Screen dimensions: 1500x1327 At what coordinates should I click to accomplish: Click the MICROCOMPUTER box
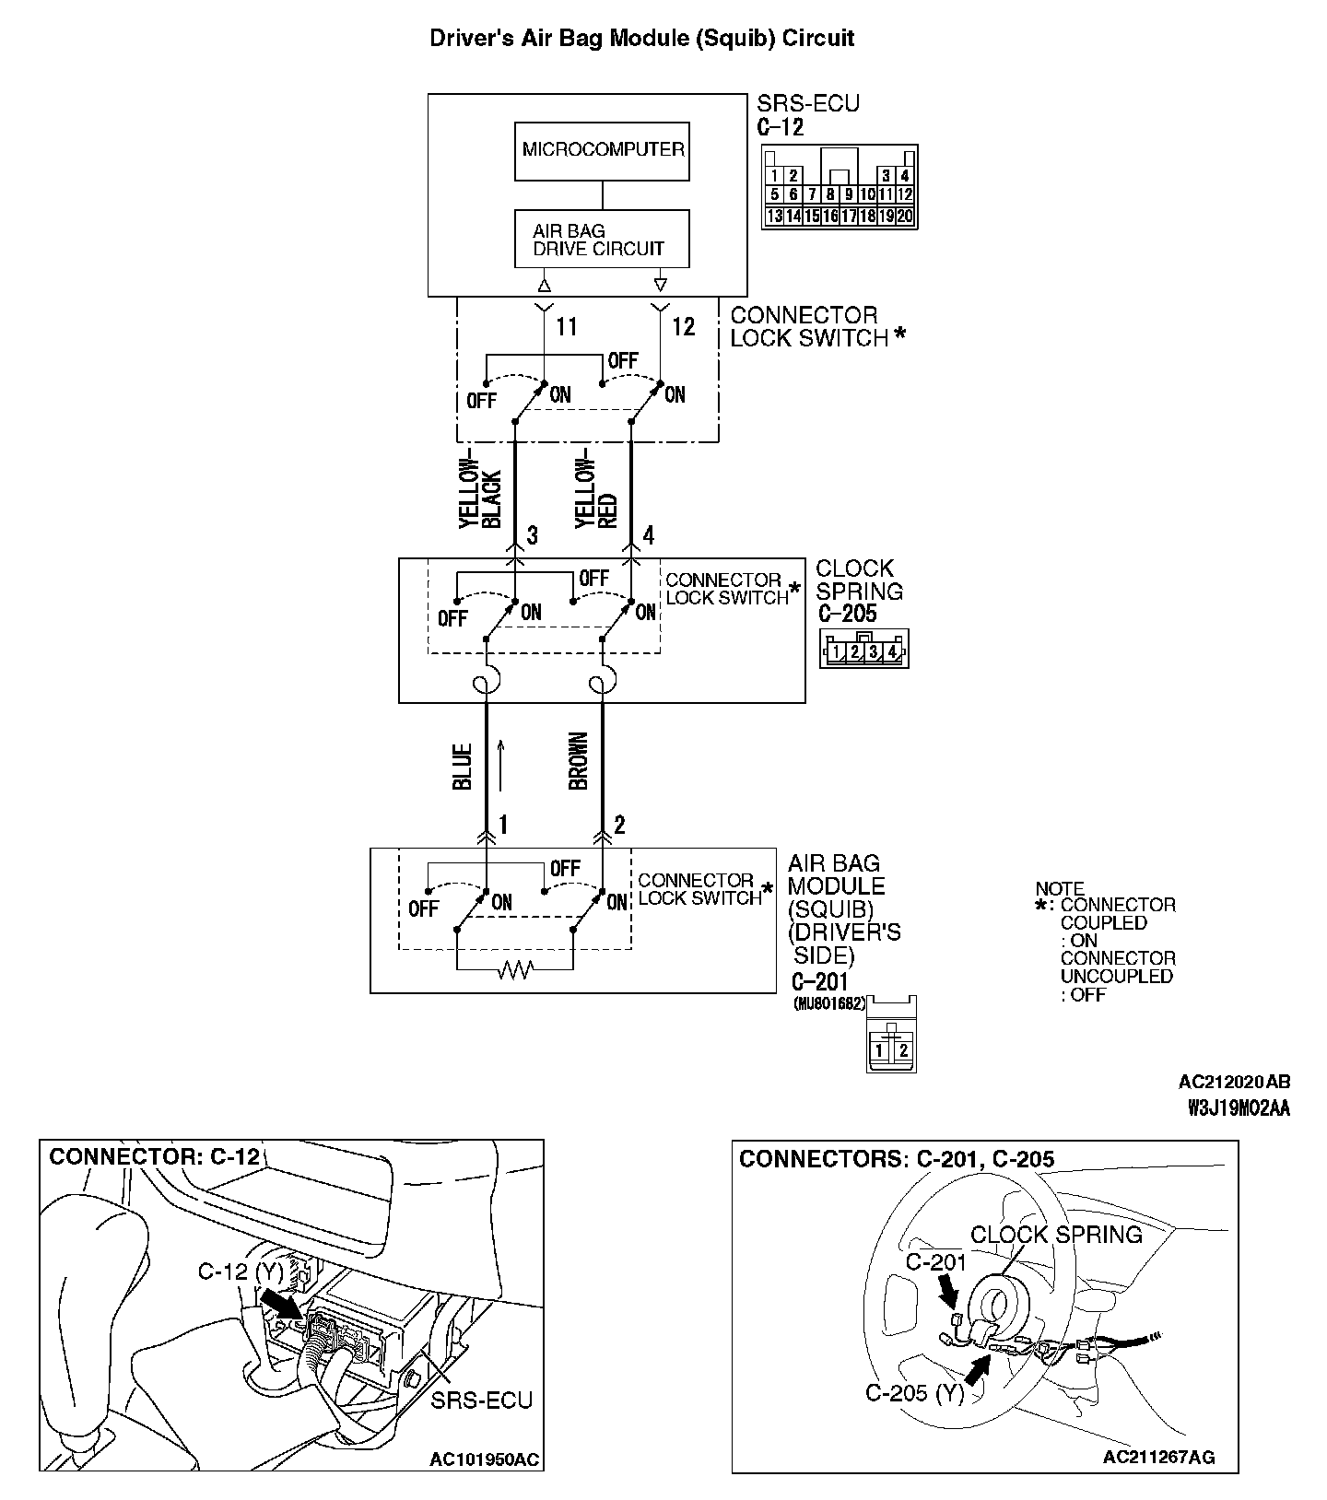click(603, 150)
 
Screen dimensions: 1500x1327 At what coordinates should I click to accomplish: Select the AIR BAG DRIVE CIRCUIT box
click(601, 240)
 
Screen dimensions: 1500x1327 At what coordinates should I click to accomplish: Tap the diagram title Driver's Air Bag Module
click(642, 39)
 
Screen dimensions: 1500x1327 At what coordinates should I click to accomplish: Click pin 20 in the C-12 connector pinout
click(905, 217)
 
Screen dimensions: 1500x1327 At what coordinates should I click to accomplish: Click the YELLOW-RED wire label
click(596, 494)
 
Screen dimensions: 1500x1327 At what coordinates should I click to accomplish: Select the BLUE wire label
click(463, 767)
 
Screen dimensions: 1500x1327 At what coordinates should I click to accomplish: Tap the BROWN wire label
click(579, 761)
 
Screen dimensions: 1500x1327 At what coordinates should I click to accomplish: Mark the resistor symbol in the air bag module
click(514, 970)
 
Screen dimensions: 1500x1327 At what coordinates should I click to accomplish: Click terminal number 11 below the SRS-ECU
click(567, 327)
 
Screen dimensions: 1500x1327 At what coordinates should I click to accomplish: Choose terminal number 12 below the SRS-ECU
click(683, 327)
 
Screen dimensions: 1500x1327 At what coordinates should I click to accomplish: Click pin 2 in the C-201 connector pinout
click(904, 1050)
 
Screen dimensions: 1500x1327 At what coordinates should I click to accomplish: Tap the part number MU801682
click(828, 1004)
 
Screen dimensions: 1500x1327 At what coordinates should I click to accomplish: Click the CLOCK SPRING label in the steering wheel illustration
click(1056, 1235)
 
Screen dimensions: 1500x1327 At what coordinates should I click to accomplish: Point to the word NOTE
click(1060, 889)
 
